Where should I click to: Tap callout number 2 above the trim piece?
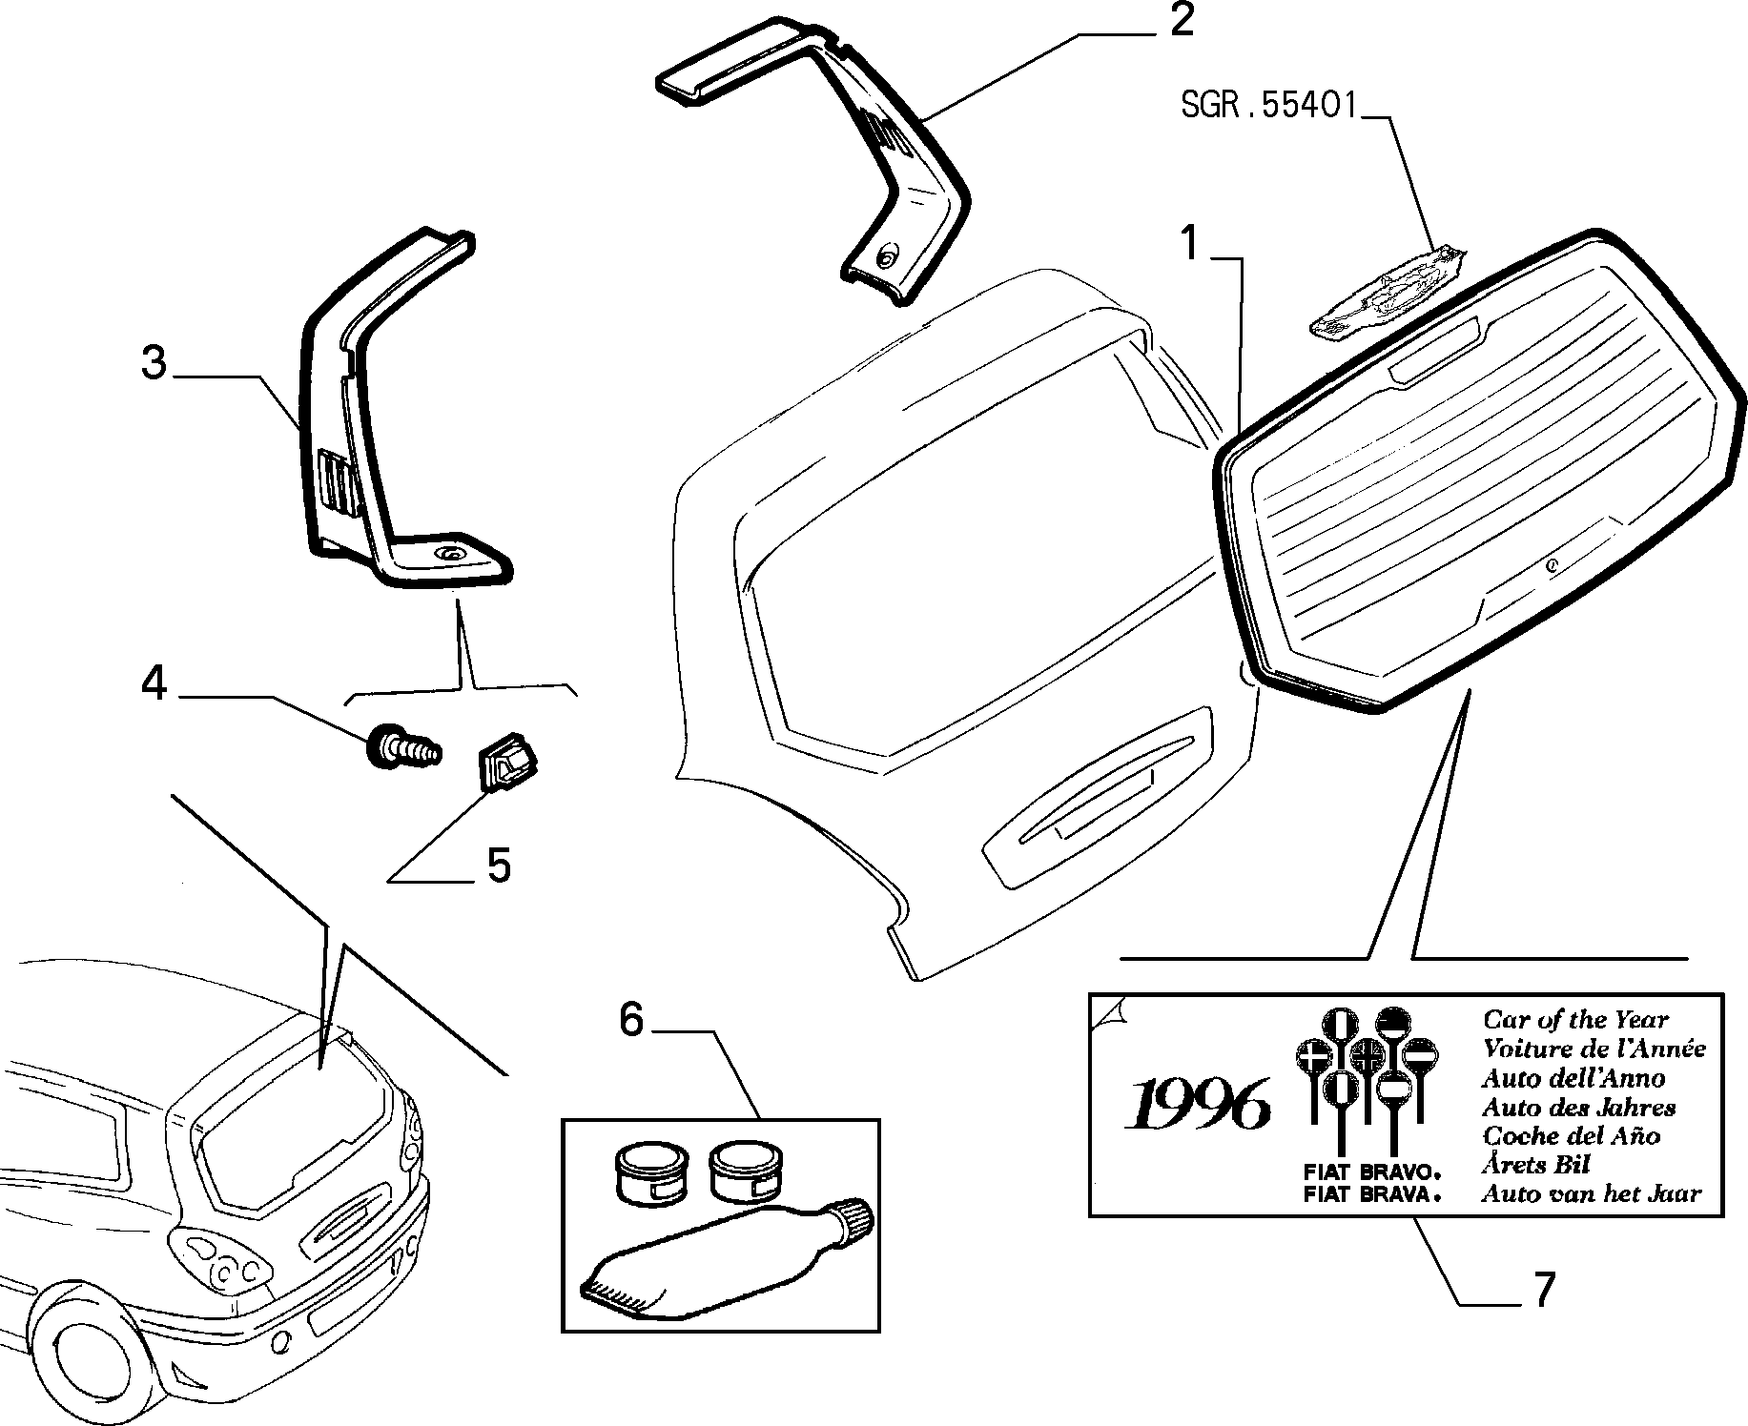pos(1182,20)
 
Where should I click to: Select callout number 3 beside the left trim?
pos(154,363)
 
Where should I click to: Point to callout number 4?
pos(154,682)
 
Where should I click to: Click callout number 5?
pos(499,865)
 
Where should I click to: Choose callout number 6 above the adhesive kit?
pos(631,1020)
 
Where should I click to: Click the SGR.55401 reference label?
pos(1268,105)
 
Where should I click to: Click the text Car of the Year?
pos(1575,1020)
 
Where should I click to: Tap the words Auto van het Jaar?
pos(1591,1193)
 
